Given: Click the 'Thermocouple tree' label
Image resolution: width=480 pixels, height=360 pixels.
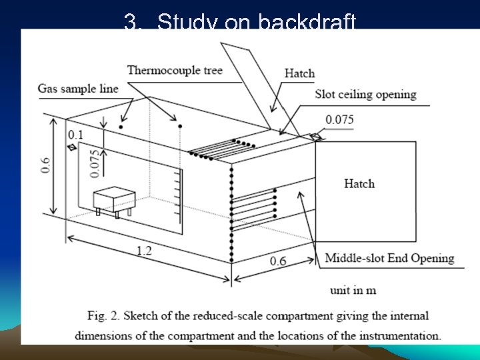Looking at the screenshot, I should tap(174, 70).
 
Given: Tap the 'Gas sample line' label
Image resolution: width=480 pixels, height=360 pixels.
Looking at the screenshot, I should tap(77, 89).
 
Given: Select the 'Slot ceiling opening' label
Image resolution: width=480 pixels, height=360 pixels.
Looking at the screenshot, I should tap(365, 94).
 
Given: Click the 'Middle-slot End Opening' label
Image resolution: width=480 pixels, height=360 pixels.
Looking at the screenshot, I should tap(389, 258).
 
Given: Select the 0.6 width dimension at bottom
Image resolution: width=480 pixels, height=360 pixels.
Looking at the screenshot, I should tap(278, 261).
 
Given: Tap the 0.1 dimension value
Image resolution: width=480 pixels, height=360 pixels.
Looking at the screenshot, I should tap(75, 135).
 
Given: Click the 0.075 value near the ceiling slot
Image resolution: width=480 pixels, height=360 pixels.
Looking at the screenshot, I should tap(339, 121).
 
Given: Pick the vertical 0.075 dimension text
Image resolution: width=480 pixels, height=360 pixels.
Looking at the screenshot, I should tap(95, 163).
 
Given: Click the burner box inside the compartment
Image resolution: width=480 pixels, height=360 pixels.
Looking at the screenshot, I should tap(114, 198).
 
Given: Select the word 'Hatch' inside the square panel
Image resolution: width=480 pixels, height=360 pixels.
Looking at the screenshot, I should tap(359, 183).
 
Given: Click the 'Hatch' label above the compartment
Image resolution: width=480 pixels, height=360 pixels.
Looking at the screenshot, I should tap(299, 73).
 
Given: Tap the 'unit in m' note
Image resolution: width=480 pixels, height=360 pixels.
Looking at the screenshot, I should tap(353, 290).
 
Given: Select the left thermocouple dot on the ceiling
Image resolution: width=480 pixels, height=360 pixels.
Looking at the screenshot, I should tap(121, 126).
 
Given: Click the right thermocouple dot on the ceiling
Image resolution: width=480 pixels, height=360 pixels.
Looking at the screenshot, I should tap(180, 126).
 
